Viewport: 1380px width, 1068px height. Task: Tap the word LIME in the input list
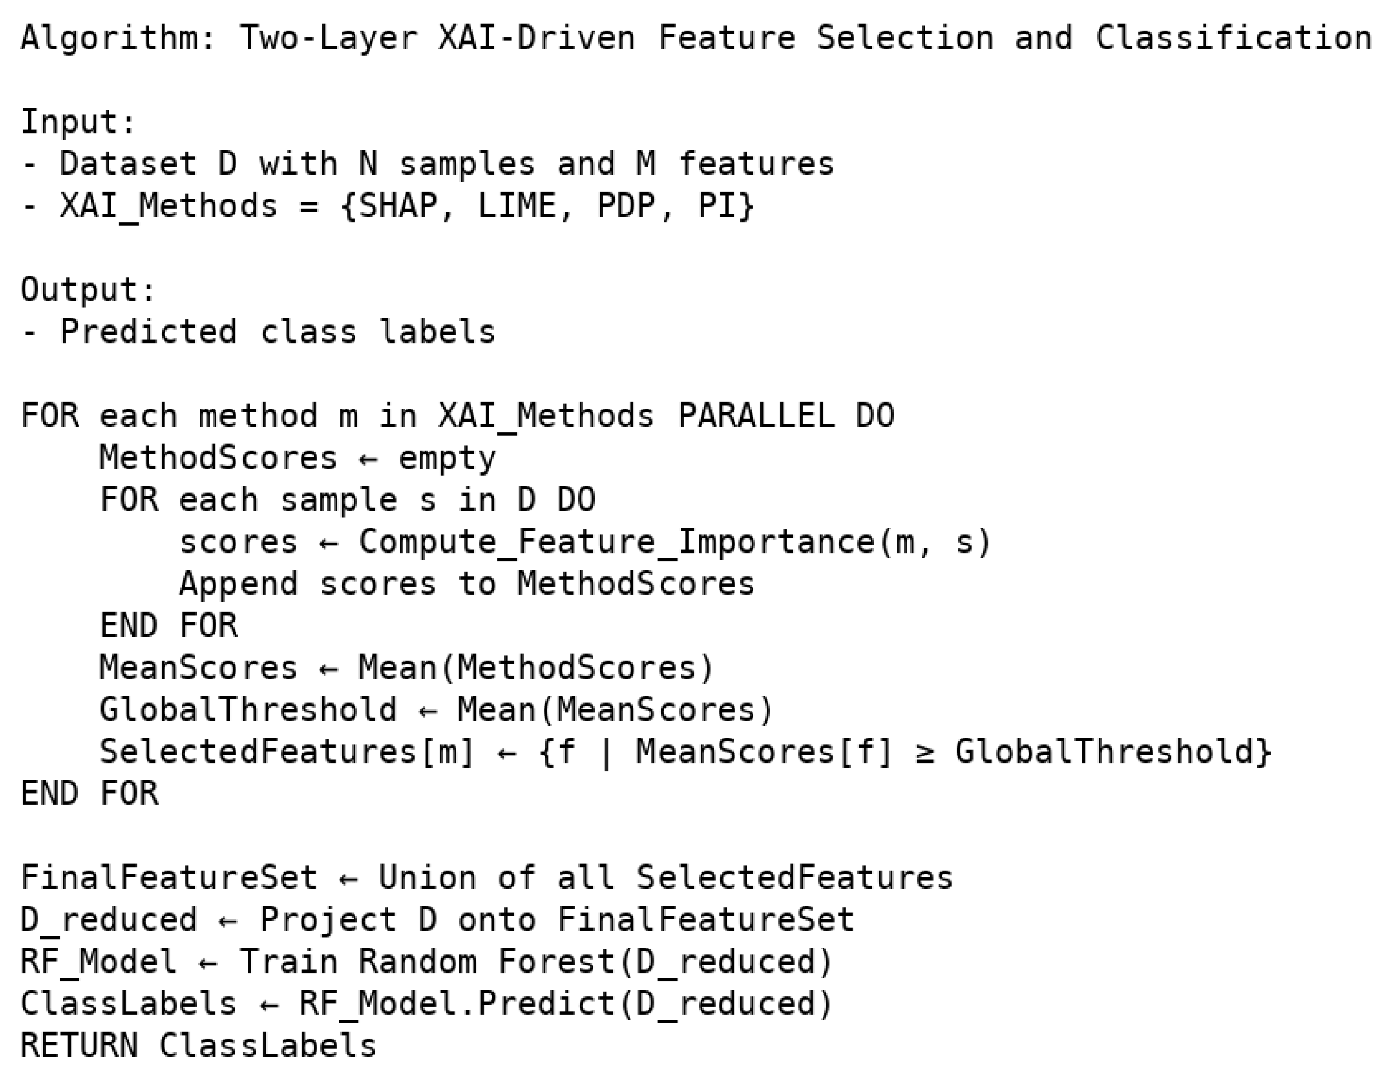(517, 206)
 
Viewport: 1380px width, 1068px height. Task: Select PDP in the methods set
(626, 206)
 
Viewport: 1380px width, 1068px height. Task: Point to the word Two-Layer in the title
(328, 37)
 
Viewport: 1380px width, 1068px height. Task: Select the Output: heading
(88, 289)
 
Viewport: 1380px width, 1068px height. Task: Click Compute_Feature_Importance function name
(617, 542)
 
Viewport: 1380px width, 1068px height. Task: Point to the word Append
(238, 584)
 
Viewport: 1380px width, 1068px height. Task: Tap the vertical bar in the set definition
(606, 752)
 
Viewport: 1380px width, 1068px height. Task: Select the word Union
(427, 878)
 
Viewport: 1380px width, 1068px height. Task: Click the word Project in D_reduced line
(328, 919)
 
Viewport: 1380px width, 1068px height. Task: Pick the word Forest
(557, 962)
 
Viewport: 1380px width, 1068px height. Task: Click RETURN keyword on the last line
(78, 1045)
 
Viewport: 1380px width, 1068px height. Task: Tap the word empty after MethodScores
(447, 458)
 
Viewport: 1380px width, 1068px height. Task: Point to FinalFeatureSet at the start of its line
(169, 878)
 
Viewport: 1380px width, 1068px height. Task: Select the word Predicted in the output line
(149, 332)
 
